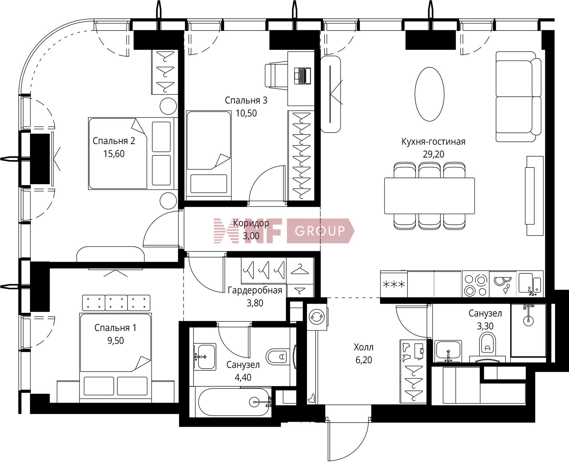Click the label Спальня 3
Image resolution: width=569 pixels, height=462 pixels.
(x=246, y=101)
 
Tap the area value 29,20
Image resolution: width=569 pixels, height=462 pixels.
(x=433, y=154)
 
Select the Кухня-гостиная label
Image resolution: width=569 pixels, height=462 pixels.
(x=433, y=141)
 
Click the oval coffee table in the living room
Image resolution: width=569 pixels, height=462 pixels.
(x=429, y=94)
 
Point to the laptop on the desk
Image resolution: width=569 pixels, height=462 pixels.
(x=302, y=76)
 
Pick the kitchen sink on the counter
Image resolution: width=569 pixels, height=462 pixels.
(x=530, y=284)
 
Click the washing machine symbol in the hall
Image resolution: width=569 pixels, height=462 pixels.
(x=317, y=317)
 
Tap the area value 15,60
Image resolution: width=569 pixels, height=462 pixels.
(x=114, y=154)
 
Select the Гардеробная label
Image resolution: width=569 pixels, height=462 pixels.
(x=255, y=290)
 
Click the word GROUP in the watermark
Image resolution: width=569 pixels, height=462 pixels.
(x=320, y=231)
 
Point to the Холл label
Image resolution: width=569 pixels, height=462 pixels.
(x=364, y=347)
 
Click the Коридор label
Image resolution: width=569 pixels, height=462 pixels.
(x=251, y=223)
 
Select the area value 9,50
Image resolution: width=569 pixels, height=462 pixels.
(x=116, y=340)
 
